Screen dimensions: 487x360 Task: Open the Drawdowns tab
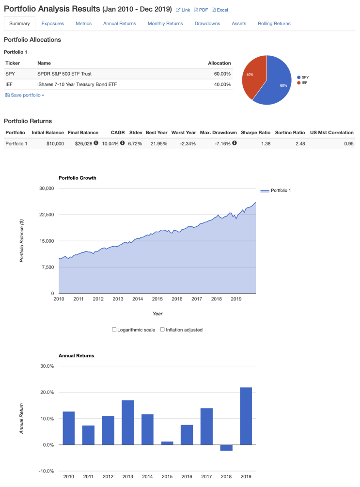(207, 23)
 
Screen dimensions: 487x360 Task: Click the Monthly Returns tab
(165, 23)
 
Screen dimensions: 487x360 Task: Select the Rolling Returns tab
(274, 23)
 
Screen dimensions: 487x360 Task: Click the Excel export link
(220, 10)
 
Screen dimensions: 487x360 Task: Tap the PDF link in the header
(201, 10)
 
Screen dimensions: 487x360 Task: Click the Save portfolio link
(25, 95)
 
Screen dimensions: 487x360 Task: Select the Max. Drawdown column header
(218, 132)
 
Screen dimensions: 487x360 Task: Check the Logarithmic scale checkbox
(114, 330)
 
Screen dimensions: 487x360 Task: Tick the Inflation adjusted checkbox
(163, 330)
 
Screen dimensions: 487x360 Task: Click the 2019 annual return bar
(246, 416)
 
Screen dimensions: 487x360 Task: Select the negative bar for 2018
(226, 448)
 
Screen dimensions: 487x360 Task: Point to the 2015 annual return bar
(167, 443)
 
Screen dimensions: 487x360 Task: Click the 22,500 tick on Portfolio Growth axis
(47, 215)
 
